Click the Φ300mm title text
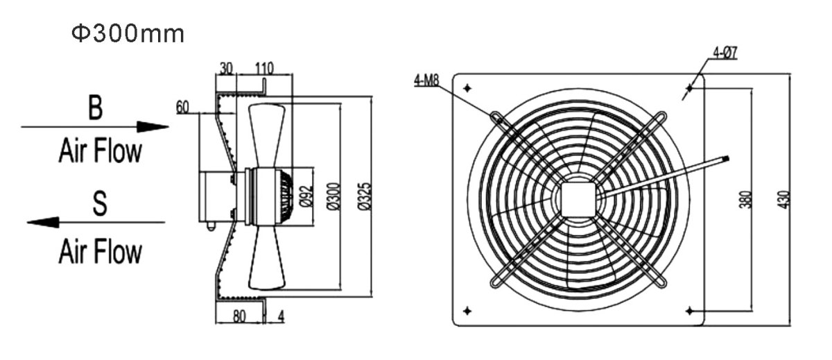[x=128, y=34]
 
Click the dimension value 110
[x=263, y=68]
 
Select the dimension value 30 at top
[x=227, y=68]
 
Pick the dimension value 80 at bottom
[x=239, y=316]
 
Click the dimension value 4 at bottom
[x=281, y=316]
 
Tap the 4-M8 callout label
[x=426, y=81]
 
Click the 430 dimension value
[x=783, y=199]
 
